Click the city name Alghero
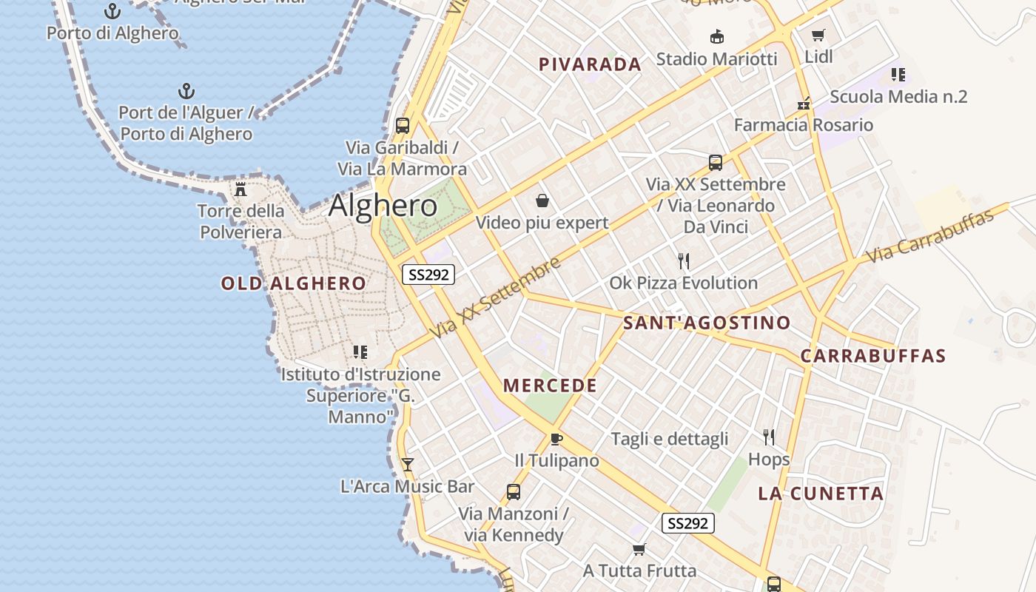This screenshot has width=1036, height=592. coord(383,205)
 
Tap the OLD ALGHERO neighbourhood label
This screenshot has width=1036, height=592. coord(293,283)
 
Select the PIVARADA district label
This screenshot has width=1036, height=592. coord(590,64)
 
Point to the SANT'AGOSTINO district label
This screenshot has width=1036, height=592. coord(707,323)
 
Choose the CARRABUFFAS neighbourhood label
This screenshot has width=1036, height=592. coord(873,356)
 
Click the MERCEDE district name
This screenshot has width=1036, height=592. coord(550,386)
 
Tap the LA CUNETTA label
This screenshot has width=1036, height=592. coord(821,494)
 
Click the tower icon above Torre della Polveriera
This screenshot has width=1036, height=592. coord(240,189)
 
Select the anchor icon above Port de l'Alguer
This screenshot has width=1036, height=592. coord(186,91)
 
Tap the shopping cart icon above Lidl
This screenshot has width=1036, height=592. coord(818,35)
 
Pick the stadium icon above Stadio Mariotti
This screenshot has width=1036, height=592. coord(716,36)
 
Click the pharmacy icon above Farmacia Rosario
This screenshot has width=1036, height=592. coord(804,104)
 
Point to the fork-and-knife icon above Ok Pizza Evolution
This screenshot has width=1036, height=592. coord(684,260)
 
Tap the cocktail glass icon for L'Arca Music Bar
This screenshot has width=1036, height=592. coord(407,464)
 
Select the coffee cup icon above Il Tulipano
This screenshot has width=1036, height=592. coord(556,439)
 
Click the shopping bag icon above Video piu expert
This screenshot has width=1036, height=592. coord(542,201)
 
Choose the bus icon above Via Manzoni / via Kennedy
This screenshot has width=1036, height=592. coord(513,491)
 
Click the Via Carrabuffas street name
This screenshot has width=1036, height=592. coord(929,237)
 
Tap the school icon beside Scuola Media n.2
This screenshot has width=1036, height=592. coord(898,74)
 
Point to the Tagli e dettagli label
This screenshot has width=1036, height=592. coord(669,439)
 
